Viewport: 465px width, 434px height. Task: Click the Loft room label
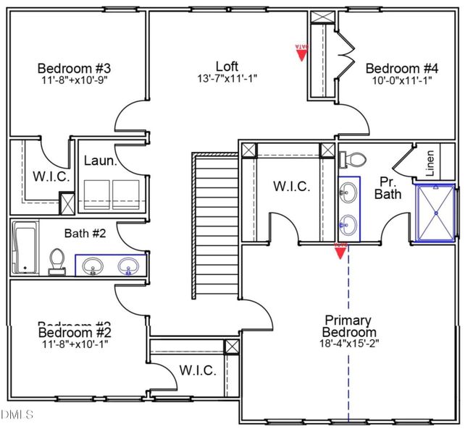coord(227,67)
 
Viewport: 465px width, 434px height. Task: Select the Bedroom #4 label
coord(402,69)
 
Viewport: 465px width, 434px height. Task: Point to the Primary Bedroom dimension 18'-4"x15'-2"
coord(348,344)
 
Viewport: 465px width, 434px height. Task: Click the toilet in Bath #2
coord(56,261)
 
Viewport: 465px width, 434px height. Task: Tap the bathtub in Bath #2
coord(25,247)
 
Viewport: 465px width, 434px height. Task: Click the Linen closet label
coord(430,163)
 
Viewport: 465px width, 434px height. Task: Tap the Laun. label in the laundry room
coord(100,161)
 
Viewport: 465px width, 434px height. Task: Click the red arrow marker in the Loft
coord(302,52)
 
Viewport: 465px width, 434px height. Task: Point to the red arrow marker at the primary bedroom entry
coord(340,250)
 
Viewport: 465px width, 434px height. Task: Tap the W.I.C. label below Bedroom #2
coord(197,370)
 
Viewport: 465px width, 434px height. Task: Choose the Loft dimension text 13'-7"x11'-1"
coord(227,78)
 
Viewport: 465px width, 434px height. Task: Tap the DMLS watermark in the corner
coord(17,414)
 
